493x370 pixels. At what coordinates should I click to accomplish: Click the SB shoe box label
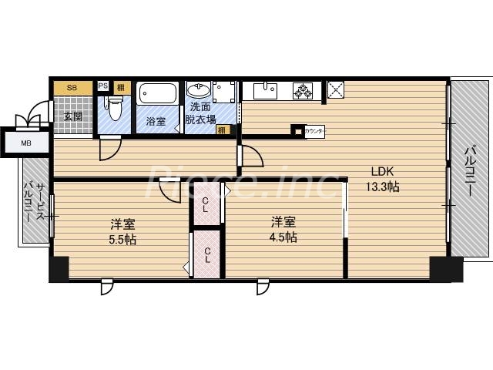coord(72,88)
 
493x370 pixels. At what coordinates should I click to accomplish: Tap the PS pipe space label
coord(103,86)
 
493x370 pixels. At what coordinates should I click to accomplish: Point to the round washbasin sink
coord(198,90)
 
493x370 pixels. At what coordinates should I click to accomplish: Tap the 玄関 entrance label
coord(72,117)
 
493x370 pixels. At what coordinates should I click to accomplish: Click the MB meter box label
coord(26,143)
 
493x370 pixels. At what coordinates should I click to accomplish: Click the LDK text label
coord(381,171)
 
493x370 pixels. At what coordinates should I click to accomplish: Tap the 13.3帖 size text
coord(383,187)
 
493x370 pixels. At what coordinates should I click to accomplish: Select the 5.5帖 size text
coord(122,238)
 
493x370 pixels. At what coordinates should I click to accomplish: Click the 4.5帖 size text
coord(283,237)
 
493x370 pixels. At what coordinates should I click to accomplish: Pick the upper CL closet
coord(206,204)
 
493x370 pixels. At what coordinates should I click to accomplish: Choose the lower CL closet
coord(206,254)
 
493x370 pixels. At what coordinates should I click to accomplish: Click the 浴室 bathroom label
coord(156,121)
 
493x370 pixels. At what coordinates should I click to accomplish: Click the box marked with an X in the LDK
coord(337,90)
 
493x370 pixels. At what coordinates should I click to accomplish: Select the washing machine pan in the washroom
coord(224,92)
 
